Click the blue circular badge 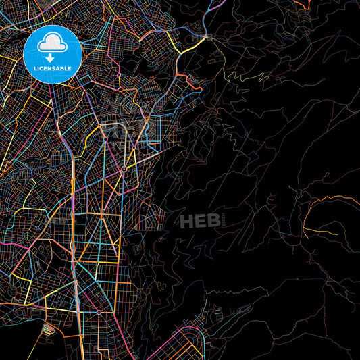(53, 54)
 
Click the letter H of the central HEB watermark (186, 220)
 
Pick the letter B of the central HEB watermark (213, 220)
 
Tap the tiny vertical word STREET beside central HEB (224, 220)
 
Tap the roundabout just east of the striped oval (98, 312)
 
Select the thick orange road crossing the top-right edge (305, 5)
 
